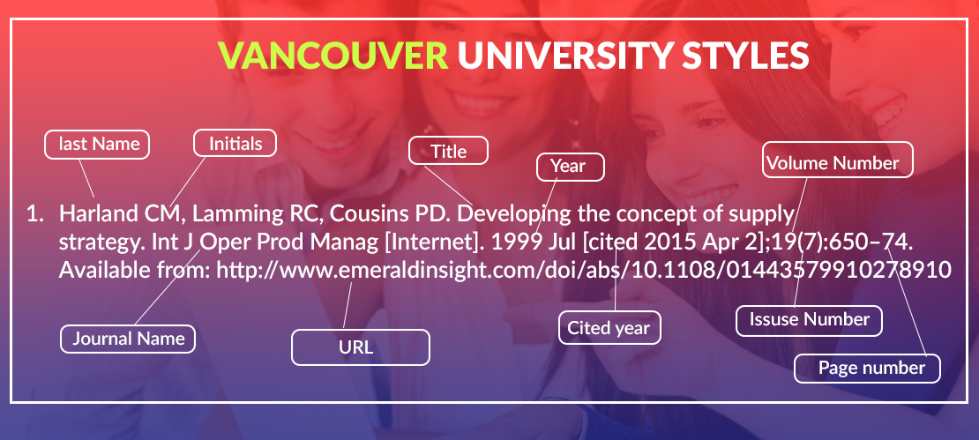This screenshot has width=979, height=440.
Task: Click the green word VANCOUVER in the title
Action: (333, 56)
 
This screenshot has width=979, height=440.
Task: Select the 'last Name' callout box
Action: (97, 145)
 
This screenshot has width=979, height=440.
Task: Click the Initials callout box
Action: (235, 144)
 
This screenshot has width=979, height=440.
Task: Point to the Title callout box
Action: (448, 151)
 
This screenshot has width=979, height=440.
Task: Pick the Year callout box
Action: (571, 167)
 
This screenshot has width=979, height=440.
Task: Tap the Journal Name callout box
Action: (128, 339)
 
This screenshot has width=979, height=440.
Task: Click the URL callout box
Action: (361, 347)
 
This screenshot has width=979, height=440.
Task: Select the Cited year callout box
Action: (609, 328)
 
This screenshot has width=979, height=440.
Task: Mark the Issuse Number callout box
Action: (809, 321)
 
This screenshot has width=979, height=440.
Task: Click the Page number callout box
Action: (867, 369)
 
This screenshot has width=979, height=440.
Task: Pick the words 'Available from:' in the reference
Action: (134, 270)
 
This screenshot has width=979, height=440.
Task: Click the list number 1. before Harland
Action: (35, 214)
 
